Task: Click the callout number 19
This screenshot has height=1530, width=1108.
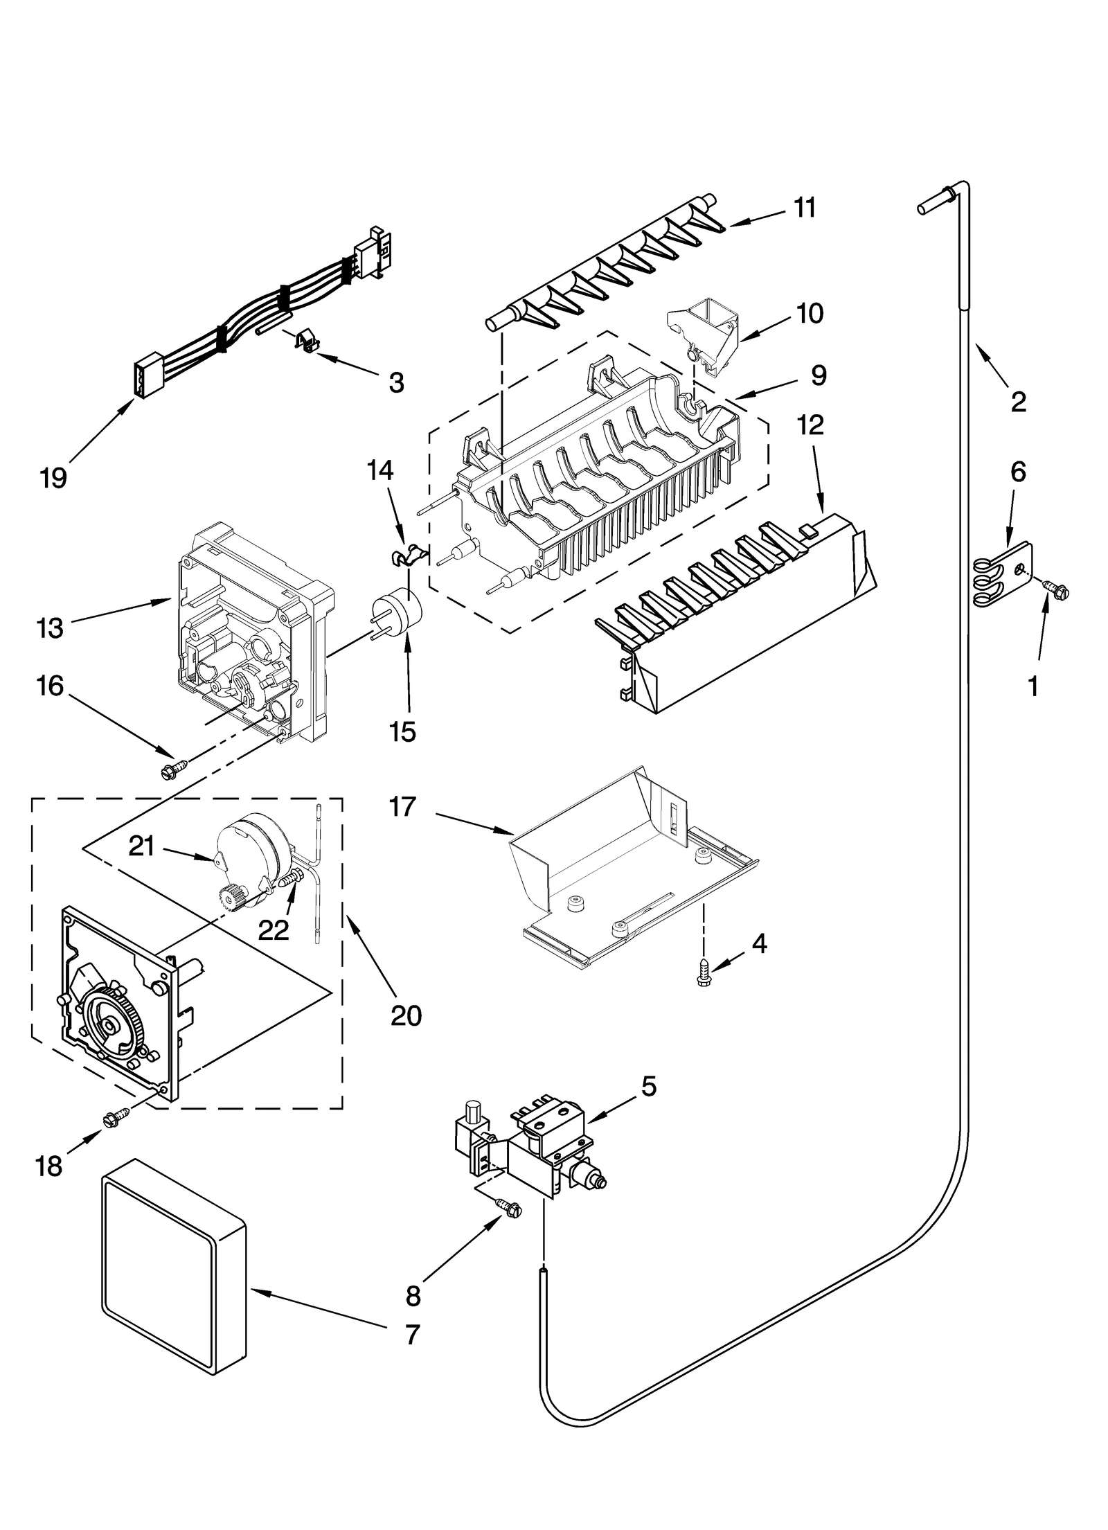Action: (53, 477)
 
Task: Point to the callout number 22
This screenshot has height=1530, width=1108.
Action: (273, 929)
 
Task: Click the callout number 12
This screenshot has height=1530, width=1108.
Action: (810, 425)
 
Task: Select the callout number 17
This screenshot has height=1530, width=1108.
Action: (403, 807)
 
